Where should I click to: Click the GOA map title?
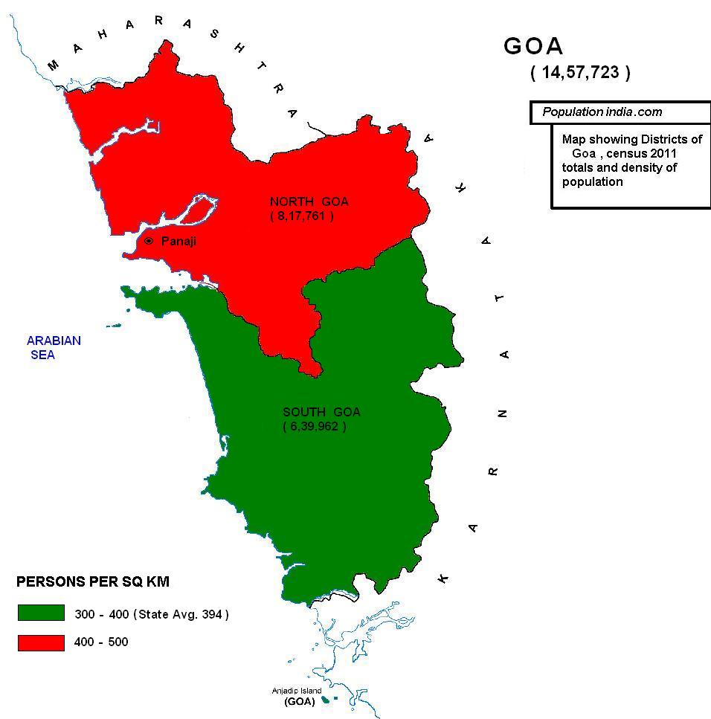(533, 46)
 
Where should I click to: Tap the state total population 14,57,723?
(580, 73)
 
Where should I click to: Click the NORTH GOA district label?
(309, 201)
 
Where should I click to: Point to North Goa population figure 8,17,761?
(301, 216)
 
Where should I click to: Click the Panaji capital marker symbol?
(149, 241)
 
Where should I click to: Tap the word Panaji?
(178, 242)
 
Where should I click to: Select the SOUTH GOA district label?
(321, 412)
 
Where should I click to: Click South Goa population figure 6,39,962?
(314, 427)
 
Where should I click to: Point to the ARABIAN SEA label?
(54, 347)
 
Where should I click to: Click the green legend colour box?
(42, 613)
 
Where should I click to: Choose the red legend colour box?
(42, 641)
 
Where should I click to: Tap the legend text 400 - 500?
(101, 642)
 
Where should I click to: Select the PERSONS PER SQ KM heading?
(93, 582)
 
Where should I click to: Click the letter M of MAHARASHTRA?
(53, 66)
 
